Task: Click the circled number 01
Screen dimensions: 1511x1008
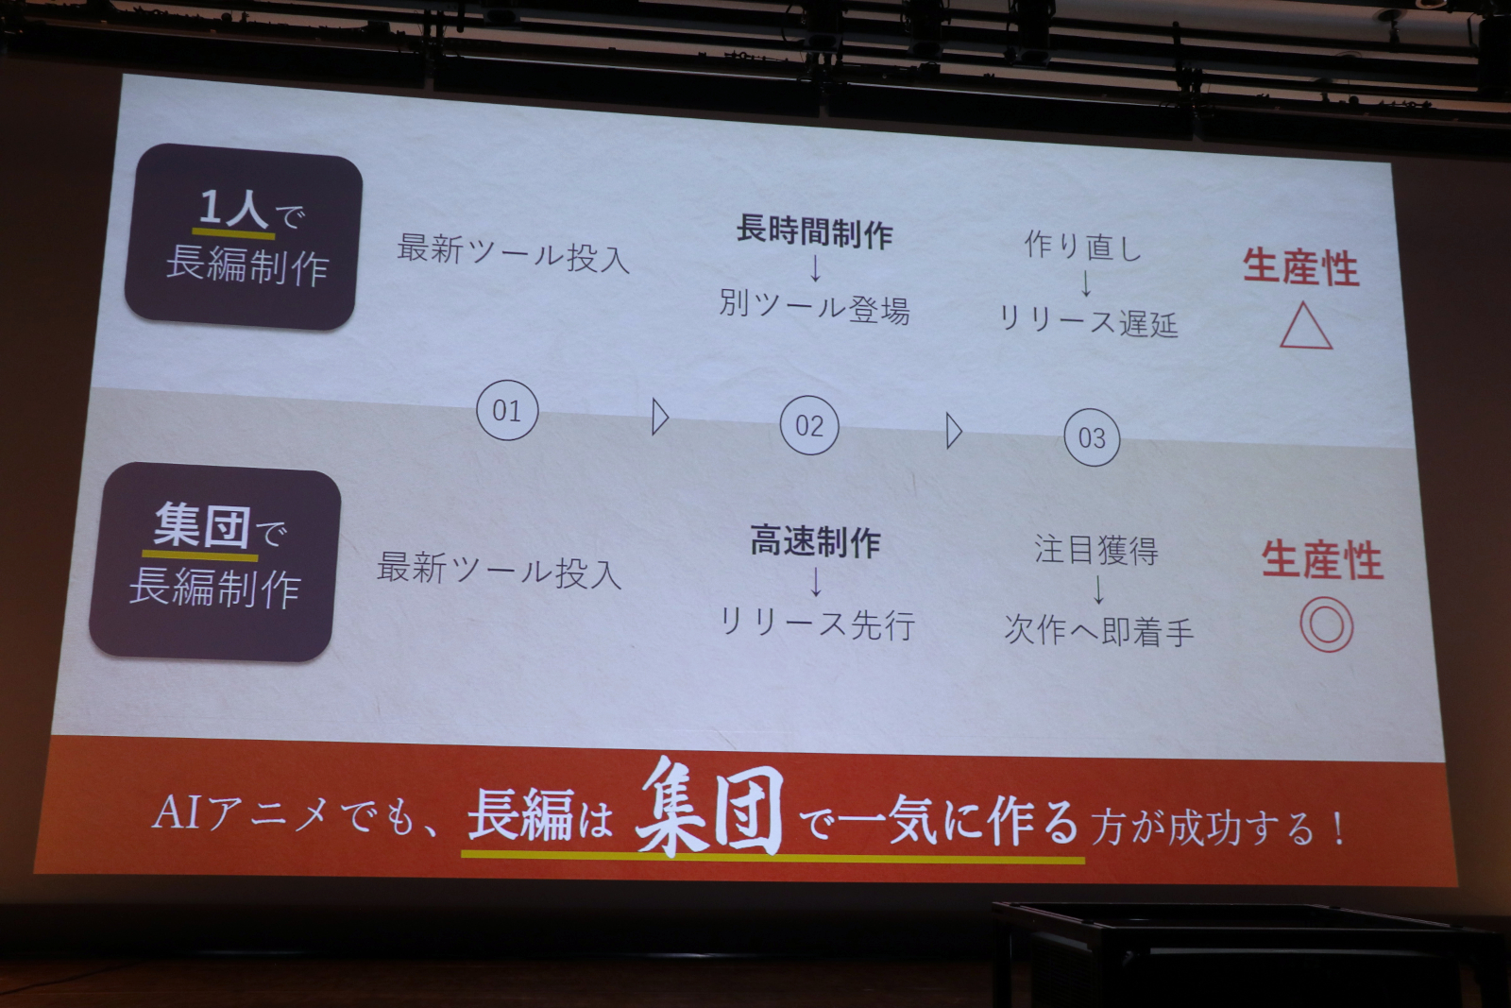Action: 507,410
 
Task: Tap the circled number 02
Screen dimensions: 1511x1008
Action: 809,425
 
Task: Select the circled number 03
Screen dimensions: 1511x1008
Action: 1092,438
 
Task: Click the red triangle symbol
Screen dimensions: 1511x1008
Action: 1306,326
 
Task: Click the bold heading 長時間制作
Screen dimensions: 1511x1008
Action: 814,231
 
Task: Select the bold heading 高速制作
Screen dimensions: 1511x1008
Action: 816,541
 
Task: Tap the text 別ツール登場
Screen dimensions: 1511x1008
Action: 814,307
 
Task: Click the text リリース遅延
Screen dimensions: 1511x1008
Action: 1087,321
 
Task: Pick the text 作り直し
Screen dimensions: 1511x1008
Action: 1083,246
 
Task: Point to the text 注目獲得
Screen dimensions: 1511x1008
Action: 1096,550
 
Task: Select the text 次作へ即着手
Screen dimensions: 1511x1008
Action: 1099,630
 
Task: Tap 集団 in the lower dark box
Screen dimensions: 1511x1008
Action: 202,527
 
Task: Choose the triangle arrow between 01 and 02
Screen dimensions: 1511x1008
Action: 660,417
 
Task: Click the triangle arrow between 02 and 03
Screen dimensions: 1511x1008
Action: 954,431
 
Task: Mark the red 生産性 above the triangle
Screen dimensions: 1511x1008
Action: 1300,267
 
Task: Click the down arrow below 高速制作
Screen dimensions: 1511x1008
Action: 816,581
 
